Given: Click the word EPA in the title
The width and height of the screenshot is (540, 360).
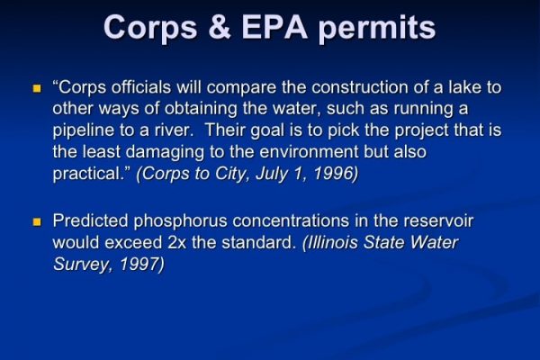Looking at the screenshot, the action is click(x=274, y=28).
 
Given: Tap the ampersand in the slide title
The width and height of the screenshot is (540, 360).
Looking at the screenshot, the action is click(x=220, y=28).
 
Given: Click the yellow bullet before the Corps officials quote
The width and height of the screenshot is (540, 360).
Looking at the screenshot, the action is click(x=37, y=88).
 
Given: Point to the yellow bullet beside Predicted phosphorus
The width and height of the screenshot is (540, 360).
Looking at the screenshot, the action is click(x=37, y=222).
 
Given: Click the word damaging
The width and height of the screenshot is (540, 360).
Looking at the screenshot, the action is click(x=165, y=153).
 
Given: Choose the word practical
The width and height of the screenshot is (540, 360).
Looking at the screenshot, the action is click(x=88, y=174).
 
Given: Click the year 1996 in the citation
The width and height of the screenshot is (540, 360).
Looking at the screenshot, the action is click(x=336, y=174).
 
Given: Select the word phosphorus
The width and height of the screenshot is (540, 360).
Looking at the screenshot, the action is click(x=180, y=221).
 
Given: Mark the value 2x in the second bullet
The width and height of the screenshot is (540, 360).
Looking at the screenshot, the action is click(x=177, y=243).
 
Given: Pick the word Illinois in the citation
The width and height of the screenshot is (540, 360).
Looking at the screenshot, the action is click(x=331, y=242).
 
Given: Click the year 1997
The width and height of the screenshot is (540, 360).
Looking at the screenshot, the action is click(x=142, y=265).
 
